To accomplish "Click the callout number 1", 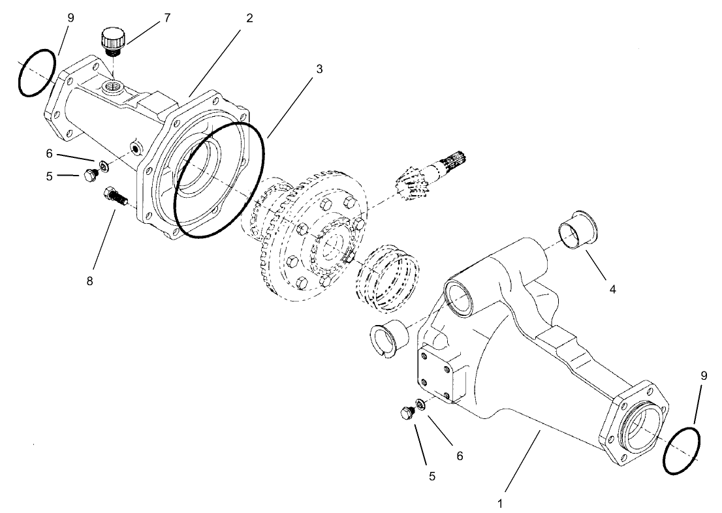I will coord(500,503).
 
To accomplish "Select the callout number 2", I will coord(249,18).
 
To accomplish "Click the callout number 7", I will coord(166,18).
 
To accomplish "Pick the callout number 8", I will coord(90,281).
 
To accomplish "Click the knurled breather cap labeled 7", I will coord(113,40).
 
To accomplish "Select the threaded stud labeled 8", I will coord(115,195).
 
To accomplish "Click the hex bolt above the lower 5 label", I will coord(407,412).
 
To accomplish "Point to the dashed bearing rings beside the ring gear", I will coord(386,275).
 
